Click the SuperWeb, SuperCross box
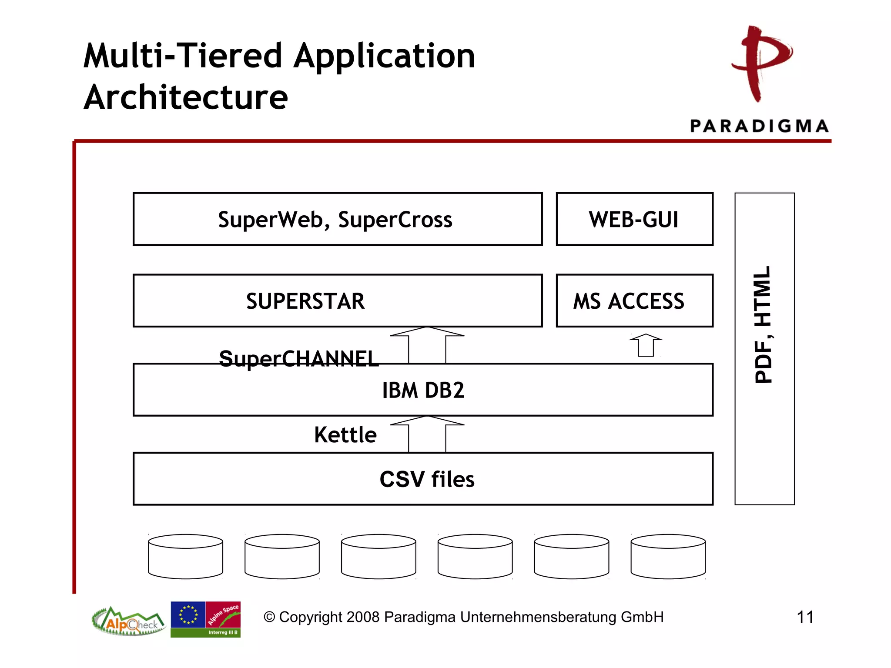pyautogui.click(x=337, y=219)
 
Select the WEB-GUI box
pyautogui.click(x=634, y=219)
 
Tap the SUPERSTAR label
pyautogui.click(x=305, y=301)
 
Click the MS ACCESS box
pyautogui.click(x=634, y=301)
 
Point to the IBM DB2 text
pyautogui.click(x=423, y=390)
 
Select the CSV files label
pyautogui.click(x=427, y=479)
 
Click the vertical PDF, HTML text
pyautogui.click(x=764, y=324)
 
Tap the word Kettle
pyautogui.click(x=345, y=435)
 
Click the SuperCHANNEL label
pyautogui.click(x=298, y=359)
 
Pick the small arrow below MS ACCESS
pyautogui.click(x=646, y=345)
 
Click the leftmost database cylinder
pyautogui.click(x=186, y=557)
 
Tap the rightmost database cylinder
pyautogui.click(x=668, y=557)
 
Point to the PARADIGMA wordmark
pyautogui.click(x=759, y=126)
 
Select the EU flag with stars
pyautogui.click(x=188, y=615)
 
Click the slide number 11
pyautogui.click(x=805, y=617)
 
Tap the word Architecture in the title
pyautogui.click(x=186, y=97)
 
